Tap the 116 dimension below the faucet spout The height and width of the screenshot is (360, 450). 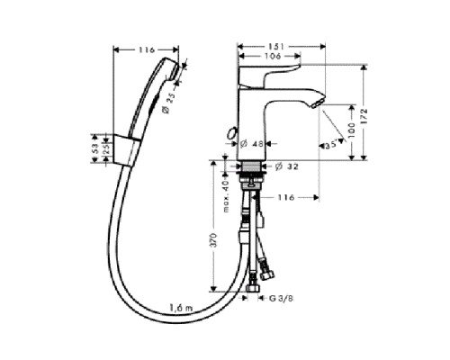pyautogui.click(x=286, y=197)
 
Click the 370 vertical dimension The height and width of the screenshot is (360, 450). pyautogui.click(x=212, y=240)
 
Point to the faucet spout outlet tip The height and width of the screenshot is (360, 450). pyautogui.click(x=316, y=106)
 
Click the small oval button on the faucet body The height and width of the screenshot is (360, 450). pyautogui.click(x=233, y=137)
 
